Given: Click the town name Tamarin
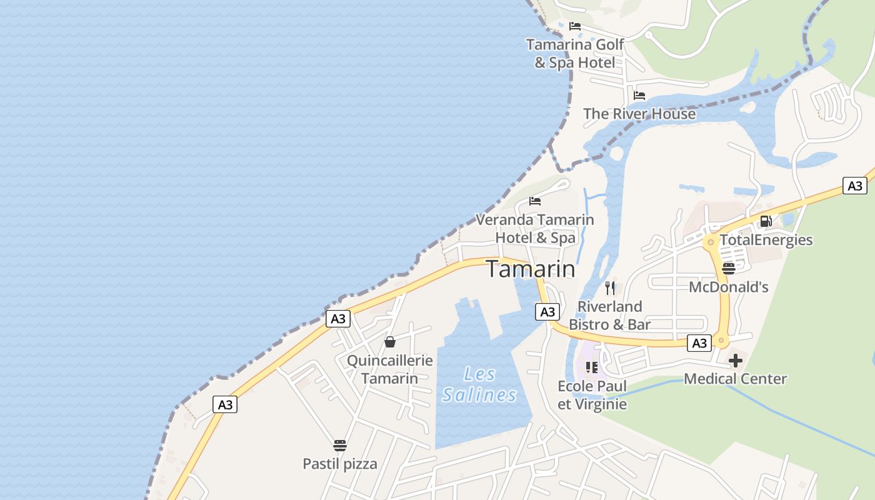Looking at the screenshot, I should [531, 269].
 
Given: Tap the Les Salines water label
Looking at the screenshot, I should [480, 384].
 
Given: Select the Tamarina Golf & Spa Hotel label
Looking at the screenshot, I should [575, 53].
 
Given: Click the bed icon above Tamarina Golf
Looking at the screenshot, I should [575, 26].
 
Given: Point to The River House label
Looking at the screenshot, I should [639, 114].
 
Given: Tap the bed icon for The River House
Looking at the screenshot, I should [639, 96].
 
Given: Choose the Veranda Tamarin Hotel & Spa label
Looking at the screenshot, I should [535, 229].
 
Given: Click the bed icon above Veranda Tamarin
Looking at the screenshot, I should [535, 201].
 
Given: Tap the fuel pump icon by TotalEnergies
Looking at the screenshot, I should [766, 221].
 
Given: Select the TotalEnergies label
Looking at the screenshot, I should [766, 240].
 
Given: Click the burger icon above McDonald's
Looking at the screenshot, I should [729, 269].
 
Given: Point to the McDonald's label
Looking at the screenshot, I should [729, 287].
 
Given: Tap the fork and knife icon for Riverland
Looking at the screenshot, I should [610, 288].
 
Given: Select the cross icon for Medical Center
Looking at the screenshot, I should [736, 361].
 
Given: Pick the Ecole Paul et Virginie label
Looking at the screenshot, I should [592, 395].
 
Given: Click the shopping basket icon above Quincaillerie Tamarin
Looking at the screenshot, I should [390, 342].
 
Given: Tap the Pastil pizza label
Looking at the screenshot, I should [340, 464].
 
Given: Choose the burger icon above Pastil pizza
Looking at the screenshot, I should [340, 446].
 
